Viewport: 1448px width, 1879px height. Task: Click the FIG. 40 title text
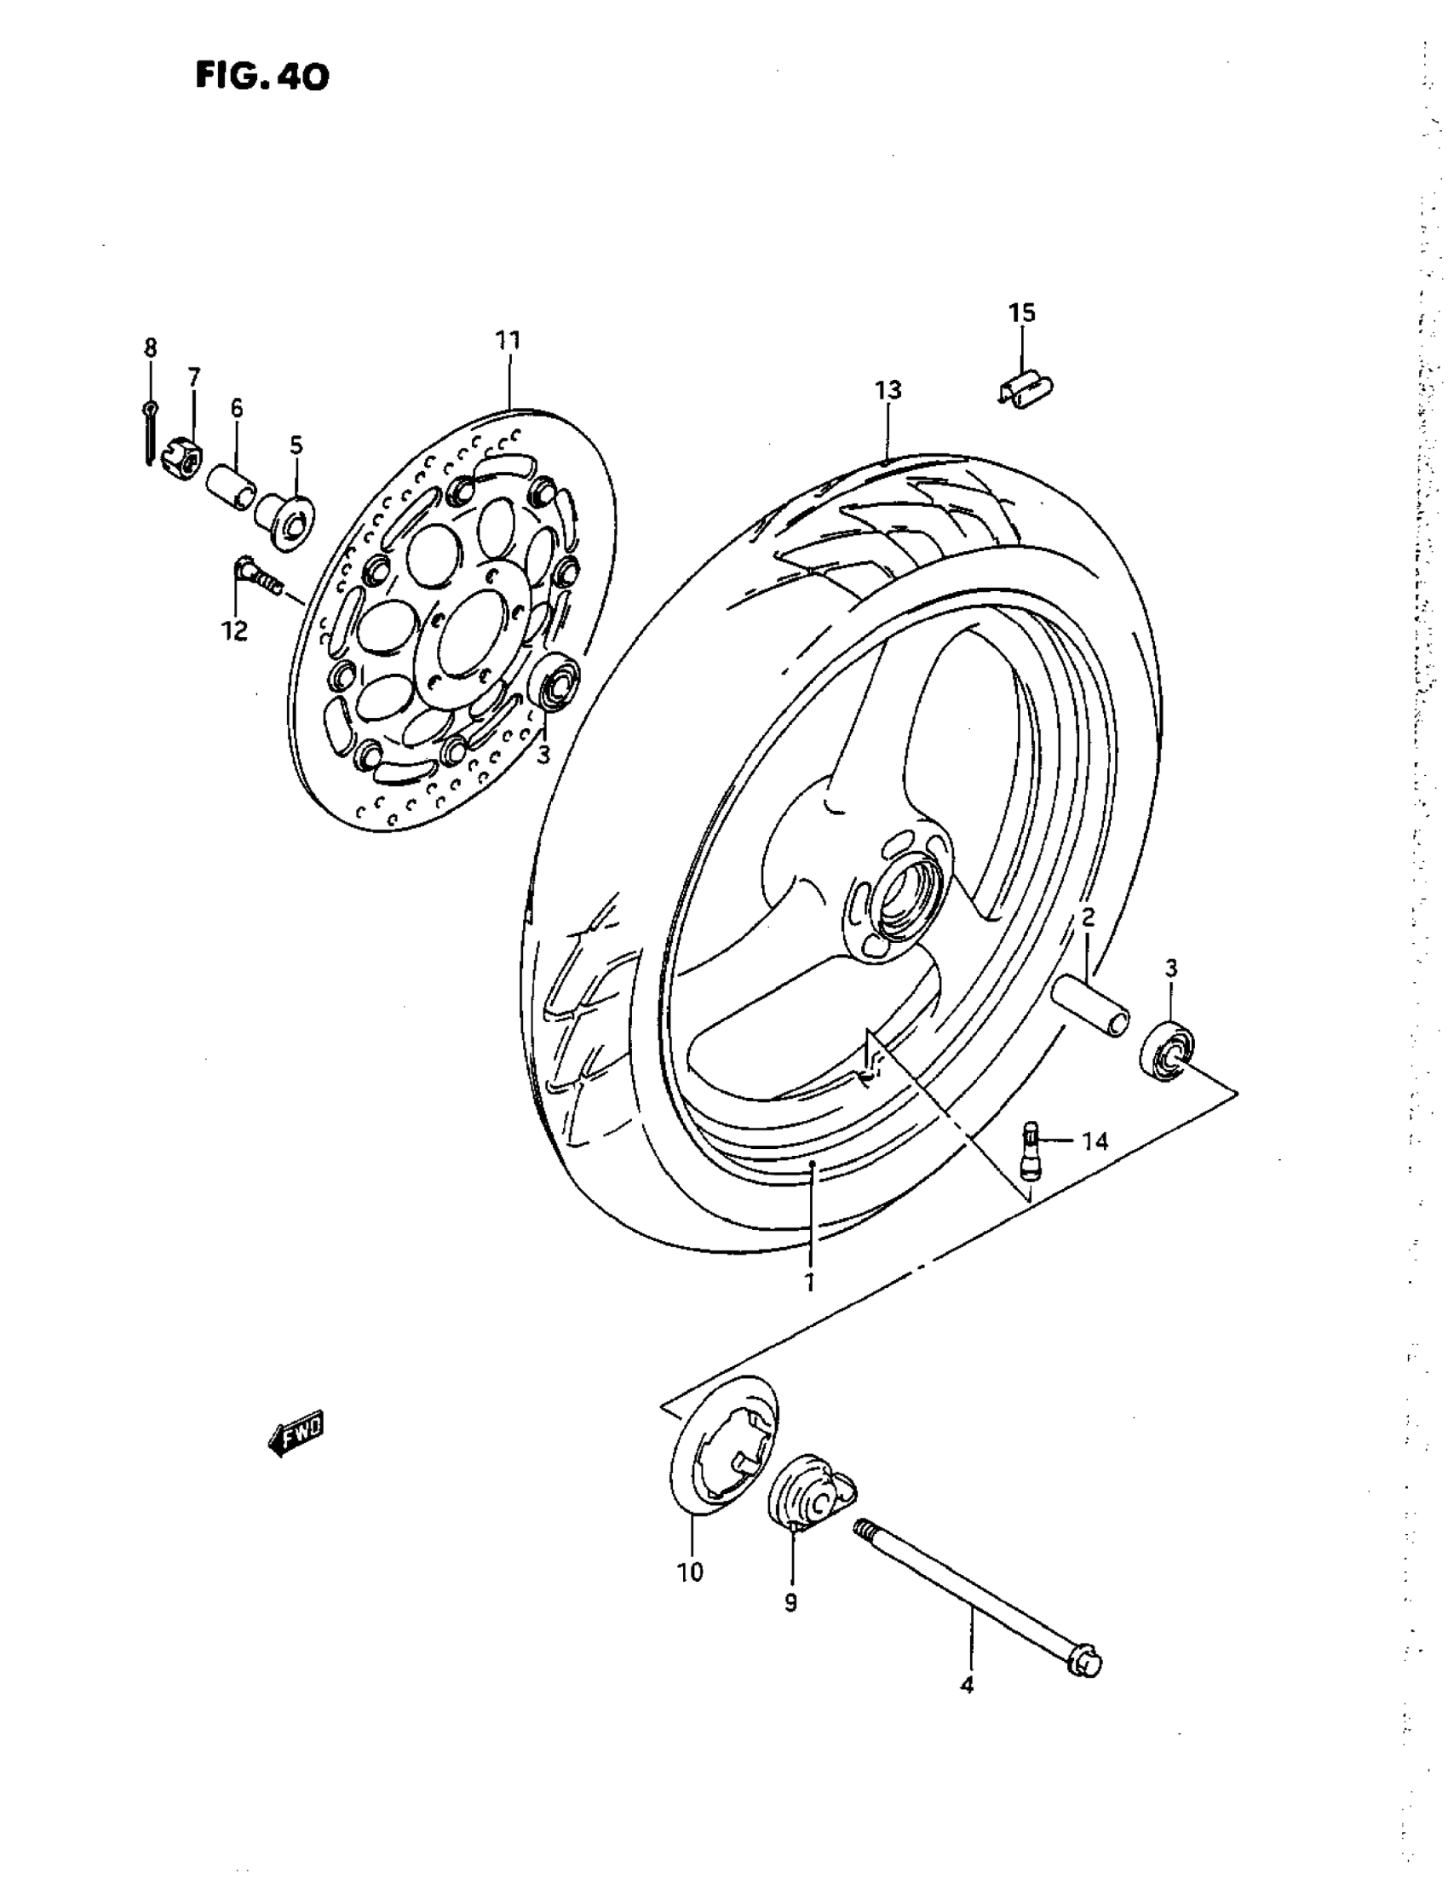tap(261, 78)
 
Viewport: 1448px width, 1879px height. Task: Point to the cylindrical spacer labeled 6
tap(232, 487)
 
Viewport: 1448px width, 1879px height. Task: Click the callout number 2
tap(1088, 917)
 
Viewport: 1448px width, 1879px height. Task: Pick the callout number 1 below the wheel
tap(808, 1306)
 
